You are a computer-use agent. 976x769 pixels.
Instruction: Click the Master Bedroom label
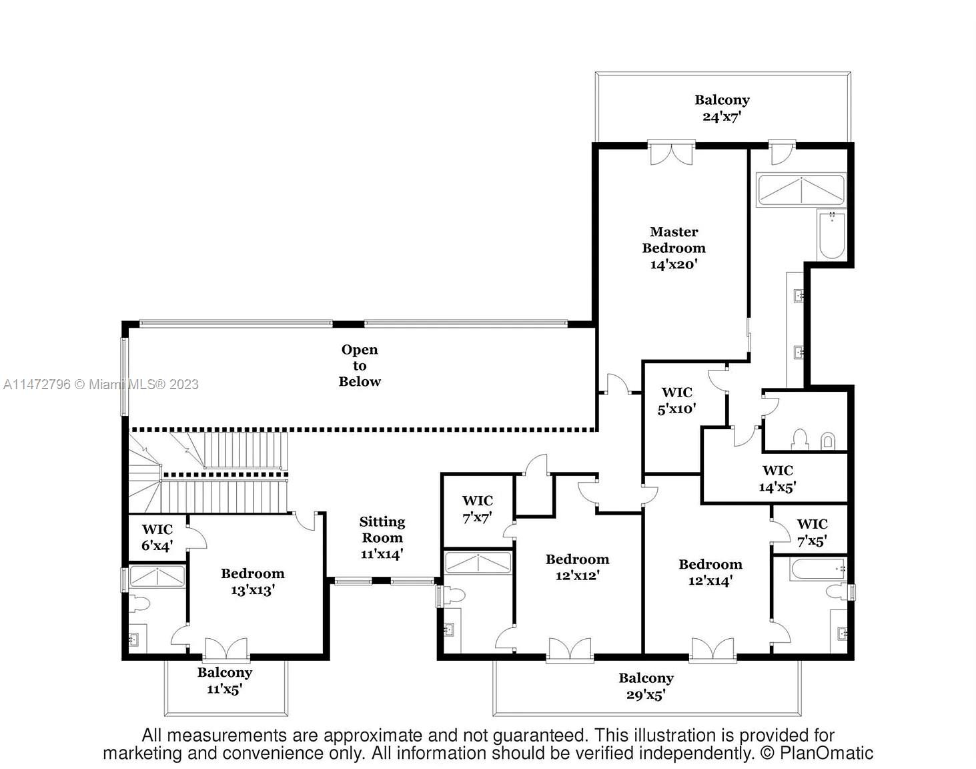(x=674, y=248)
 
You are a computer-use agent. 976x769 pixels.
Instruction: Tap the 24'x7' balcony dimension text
(x=722, y=117)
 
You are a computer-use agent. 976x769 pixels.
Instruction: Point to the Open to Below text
(x=360, y=365)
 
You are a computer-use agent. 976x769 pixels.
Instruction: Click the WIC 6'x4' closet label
(x=157, y=537)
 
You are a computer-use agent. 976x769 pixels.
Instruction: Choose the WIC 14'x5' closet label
(x=777, y=479)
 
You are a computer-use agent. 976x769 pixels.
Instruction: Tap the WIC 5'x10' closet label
(x=676, y=401)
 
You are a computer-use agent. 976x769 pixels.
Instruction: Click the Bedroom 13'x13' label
(x=252, y=581)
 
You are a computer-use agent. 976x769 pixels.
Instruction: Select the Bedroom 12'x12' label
(x=577, y=567)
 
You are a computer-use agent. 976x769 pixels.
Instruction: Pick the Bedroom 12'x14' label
(x=710, y=572)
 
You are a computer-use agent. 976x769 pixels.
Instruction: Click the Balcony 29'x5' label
(x=646, y=686)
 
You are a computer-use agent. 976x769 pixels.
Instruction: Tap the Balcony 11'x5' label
(x=224, y=680)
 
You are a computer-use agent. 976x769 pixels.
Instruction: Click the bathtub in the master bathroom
(x=832, y=235)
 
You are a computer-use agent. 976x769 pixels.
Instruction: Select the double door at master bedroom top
(x=671, y=154)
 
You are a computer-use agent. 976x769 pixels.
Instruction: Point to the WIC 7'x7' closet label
(x=477, y=509)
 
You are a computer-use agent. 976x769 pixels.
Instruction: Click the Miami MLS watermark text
(x=101, y=384)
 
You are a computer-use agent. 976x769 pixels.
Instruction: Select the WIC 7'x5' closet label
(x=812, y=532)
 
